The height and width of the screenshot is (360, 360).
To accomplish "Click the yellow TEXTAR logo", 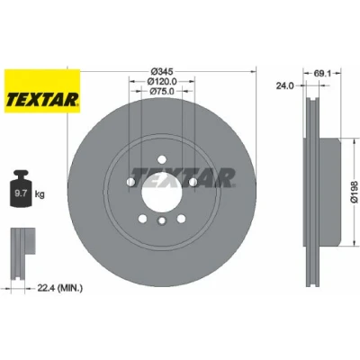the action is point(42,91).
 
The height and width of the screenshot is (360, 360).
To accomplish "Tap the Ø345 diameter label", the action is point(162,71).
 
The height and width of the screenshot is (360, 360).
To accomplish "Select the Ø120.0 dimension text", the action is point(162,81).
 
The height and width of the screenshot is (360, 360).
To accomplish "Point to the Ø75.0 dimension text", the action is point(162,92).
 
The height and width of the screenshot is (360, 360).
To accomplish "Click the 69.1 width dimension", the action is point(322,73).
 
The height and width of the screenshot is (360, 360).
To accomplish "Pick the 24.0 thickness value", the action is point(284,86).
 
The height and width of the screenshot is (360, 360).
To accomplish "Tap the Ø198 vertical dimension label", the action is point(355,192).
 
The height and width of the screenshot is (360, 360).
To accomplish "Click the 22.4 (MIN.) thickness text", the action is point(59,288).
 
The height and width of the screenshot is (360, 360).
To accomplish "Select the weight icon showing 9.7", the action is point(21,188).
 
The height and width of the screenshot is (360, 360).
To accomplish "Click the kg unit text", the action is point(40,194).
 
